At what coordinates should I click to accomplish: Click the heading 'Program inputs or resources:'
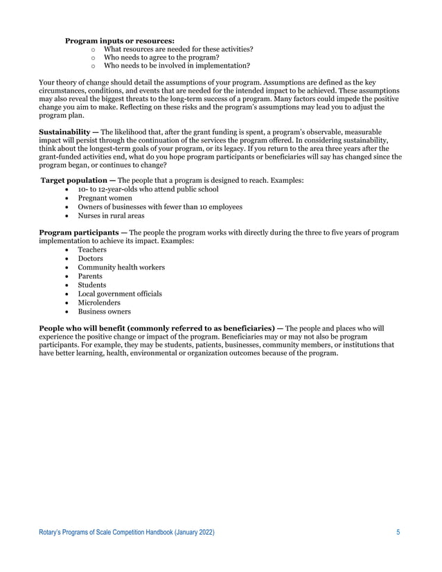[119, 41]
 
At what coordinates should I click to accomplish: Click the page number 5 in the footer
[398, 532]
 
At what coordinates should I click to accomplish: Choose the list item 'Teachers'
[92, 249]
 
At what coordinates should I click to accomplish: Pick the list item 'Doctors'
[91, 258]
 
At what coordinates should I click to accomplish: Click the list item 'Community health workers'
[121, 267]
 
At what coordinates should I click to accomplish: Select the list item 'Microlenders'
[98, 303]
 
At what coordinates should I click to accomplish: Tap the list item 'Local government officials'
[119, 294]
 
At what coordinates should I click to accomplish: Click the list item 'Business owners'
[105, 312]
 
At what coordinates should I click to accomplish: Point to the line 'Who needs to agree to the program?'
[161, 57]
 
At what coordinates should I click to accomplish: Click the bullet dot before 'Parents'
[67, 276]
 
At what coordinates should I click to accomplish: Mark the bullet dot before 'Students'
[67, 285]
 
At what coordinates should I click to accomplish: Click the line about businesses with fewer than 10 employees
[159, 206]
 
